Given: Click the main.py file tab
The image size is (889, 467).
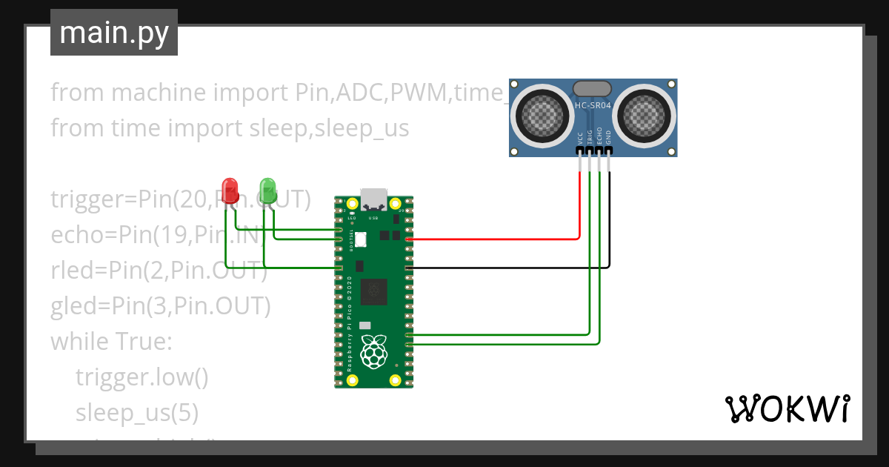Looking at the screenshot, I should (x=113, y=33).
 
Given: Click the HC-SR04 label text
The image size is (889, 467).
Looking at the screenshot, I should (x=593, y=106).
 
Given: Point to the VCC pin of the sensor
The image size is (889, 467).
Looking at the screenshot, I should (x=579, y=150).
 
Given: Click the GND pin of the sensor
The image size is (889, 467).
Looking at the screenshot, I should (x=609, y=150).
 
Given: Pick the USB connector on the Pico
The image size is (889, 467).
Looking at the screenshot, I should (x=373, y=199).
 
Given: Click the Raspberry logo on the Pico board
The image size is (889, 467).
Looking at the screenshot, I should (x=373, y=351).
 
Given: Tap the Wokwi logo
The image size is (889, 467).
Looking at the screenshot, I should (x=787, y=408).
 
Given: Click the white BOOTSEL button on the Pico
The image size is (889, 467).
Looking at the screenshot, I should (x=361, y=239).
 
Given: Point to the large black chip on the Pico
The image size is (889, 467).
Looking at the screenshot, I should (x=373, y=292).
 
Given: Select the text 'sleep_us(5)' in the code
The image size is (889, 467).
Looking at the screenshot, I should (x=136, y=413).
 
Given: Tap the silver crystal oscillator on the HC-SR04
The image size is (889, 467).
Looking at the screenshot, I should (x=593, y=89).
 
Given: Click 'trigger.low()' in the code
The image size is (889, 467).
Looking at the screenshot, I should (x=141, y=377).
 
